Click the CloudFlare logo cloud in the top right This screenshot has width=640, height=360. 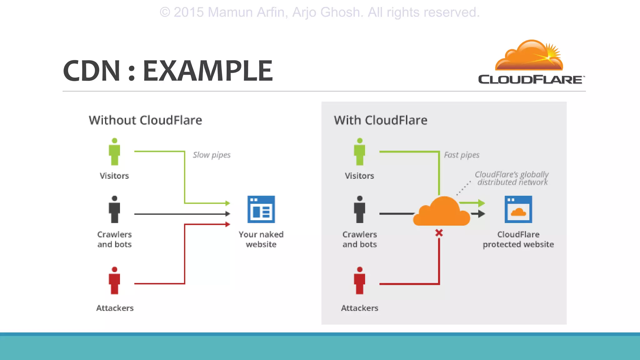529,56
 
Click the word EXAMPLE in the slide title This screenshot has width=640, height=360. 208,71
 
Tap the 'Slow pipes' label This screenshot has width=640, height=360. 212,155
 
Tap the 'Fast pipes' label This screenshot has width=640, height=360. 462,155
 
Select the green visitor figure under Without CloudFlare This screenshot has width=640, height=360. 114,152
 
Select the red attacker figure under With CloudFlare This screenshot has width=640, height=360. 359,281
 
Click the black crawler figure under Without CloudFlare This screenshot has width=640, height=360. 114,209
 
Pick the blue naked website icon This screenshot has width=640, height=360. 261,209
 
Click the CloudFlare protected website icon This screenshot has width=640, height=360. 518,209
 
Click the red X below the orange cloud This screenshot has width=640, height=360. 439,233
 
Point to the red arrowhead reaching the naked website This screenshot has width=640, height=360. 228,224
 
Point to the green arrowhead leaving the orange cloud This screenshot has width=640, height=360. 481,203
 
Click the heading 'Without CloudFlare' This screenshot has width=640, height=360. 145,120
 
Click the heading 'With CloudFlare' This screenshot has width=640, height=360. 380,120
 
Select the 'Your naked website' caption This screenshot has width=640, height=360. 261,239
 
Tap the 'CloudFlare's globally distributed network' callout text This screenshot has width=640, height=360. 512,178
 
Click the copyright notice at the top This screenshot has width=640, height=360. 319,12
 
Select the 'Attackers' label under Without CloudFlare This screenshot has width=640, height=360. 115,308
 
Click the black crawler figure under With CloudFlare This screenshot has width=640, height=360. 359,209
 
